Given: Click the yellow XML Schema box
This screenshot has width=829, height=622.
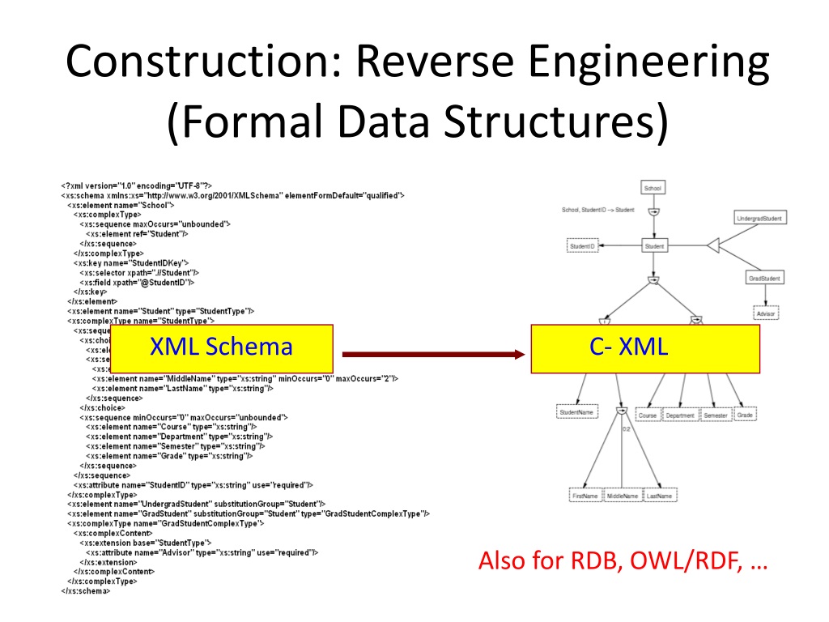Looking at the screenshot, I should tap(221, 348).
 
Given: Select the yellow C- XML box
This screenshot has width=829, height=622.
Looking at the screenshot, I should tap(645, 348).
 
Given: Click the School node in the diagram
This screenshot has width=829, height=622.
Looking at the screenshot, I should tap(653, 188).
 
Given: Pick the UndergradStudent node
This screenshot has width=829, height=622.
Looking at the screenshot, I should tap(761, 218).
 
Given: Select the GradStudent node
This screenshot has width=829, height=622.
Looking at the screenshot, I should tap(763, 278).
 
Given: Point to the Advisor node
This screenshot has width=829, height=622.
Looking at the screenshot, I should tap(765, 312).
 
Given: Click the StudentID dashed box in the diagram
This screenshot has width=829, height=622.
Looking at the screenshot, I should tap(582, 245).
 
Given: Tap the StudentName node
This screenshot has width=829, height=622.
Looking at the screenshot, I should tap(576, 412).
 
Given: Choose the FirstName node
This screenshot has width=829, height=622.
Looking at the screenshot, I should tap(585, 495).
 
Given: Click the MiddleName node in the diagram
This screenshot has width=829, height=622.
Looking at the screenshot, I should tap(623, 495).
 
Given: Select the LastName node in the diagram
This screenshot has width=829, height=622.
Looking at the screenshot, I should tap(661, 495).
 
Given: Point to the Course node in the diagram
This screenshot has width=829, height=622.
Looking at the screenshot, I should tap(648, 415).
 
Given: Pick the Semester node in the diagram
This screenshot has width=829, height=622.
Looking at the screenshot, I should tap(715, 415).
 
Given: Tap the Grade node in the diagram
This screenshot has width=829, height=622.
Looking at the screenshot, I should tap(746, 415).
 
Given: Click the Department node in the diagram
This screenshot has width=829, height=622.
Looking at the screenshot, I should tap(680, 415).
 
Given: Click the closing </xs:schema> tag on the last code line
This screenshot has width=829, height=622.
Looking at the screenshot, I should tap(86, 590).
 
